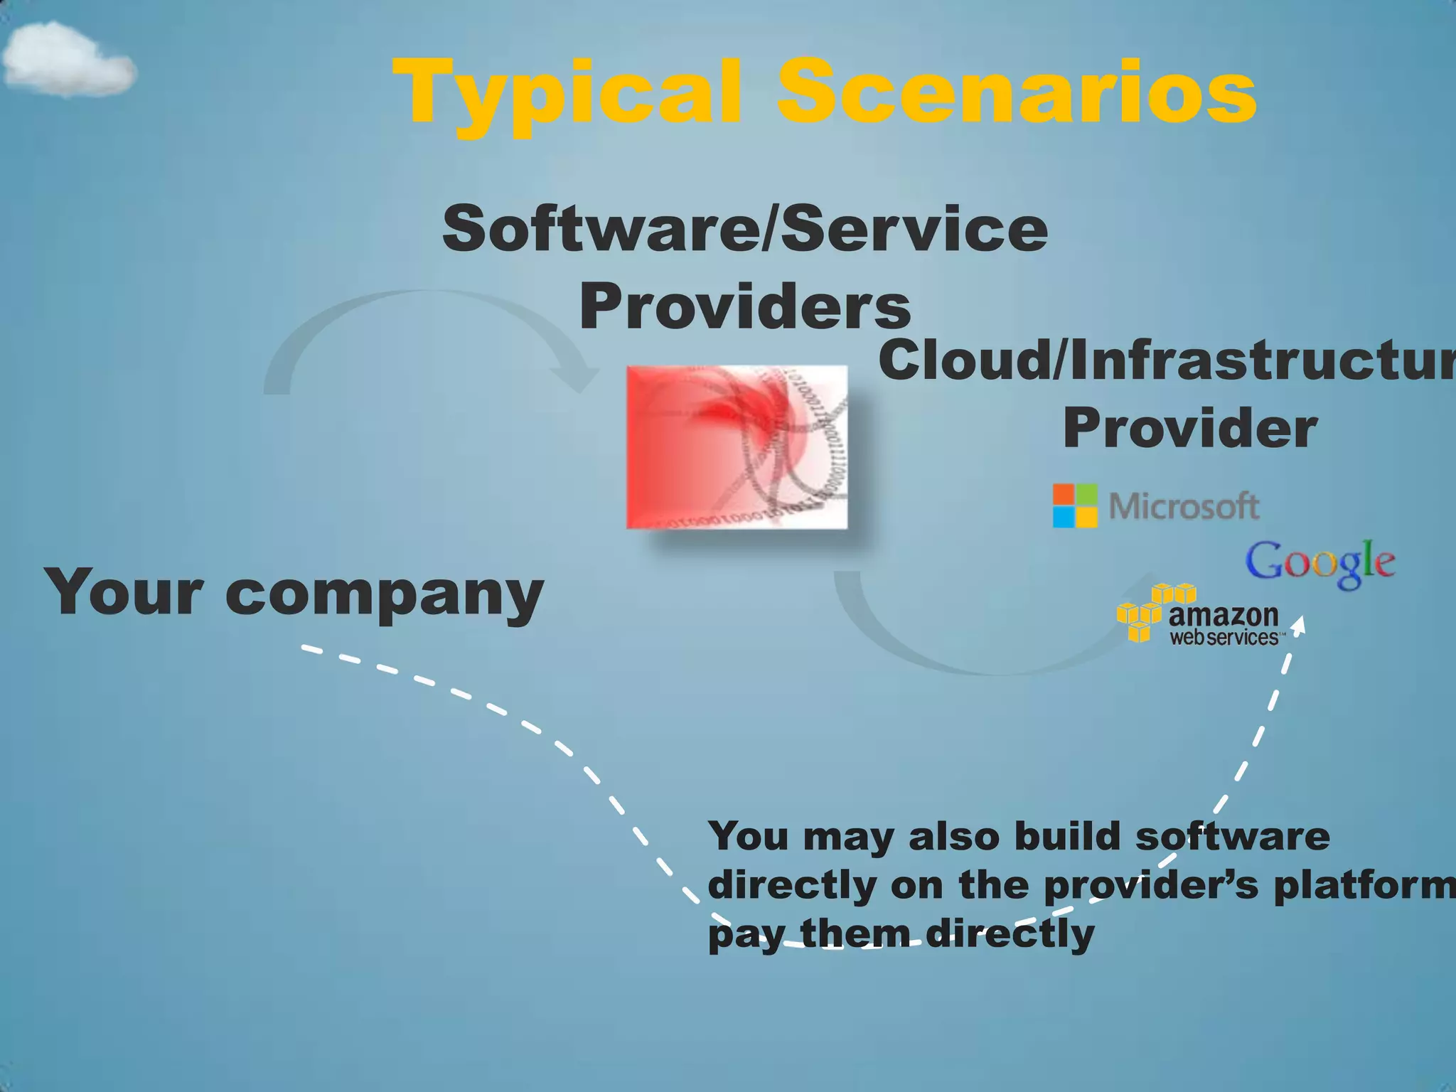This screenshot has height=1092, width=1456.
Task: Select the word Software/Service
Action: (x=744, y=229)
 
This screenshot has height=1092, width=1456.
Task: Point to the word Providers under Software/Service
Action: (x=744, y=307)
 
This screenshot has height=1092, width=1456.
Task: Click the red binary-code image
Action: (x=737, y=447)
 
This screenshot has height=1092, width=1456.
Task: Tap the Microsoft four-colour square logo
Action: (x=1075, y=505)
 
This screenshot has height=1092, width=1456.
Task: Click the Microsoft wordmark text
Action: (x=1184, y=506)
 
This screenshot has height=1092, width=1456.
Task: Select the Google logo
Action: (x=1319, y=563)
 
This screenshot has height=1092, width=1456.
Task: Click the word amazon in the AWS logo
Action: (x=1223, y=615)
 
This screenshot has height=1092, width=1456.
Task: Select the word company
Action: (x=385, y=596)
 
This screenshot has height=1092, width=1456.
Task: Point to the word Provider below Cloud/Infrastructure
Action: (x=1190, y=429)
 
